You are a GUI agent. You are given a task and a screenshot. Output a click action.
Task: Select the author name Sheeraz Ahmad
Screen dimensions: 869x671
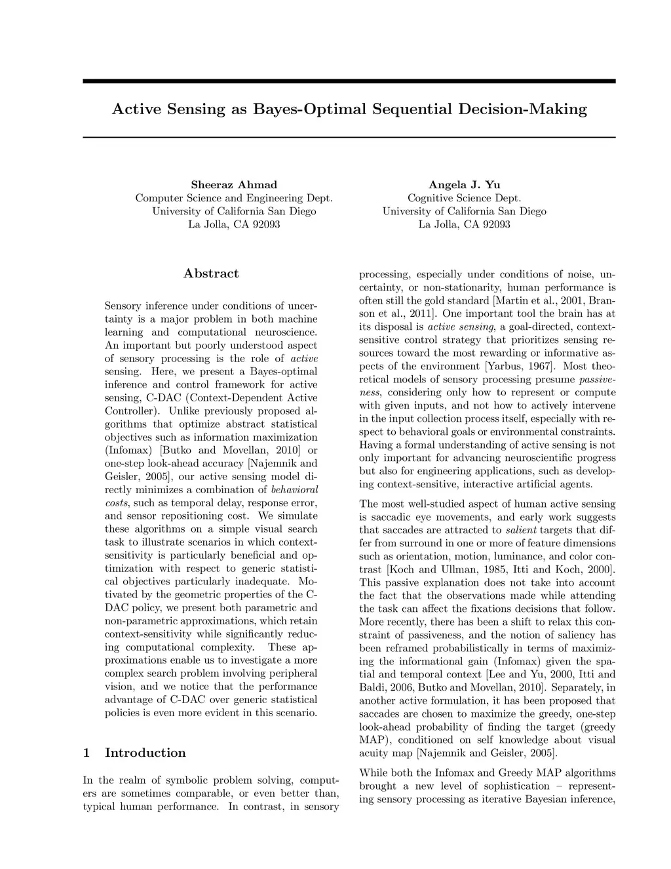coord(234,185)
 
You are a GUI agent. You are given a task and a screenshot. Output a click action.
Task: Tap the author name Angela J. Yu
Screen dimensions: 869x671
coord(464,185)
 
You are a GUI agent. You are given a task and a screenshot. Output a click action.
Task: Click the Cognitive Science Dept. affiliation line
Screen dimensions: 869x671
coord(464,198)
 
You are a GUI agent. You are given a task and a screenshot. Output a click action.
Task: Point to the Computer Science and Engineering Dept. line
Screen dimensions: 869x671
coord(234,198)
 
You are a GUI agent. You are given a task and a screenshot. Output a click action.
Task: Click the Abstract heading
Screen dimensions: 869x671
coord(211,273)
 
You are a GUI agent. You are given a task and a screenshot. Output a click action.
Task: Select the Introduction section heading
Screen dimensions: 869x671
coord(145,753)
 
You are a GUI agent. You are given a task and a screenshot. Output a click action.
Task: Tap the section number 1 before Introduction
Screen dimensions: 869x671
coord(86,753)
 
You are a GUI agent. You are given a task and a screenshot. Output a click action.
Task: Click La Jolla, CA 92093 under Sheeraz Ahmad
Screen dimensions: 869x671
coord(234,224)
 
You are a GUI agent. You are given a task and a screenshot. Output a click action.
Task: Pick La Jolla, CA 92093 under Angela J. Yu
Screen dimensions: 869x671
coord(464,224)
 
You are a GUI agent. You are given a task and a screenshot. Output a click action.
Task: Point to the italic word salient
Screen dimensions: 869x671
coord(522,530)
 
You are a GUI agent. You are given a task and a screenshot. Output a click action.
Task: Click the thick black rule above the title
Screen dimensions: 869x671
coord(349,81)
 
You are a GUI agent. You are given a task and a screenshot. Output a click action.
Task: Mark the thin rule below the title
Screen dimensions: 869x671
coord(349,137)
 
